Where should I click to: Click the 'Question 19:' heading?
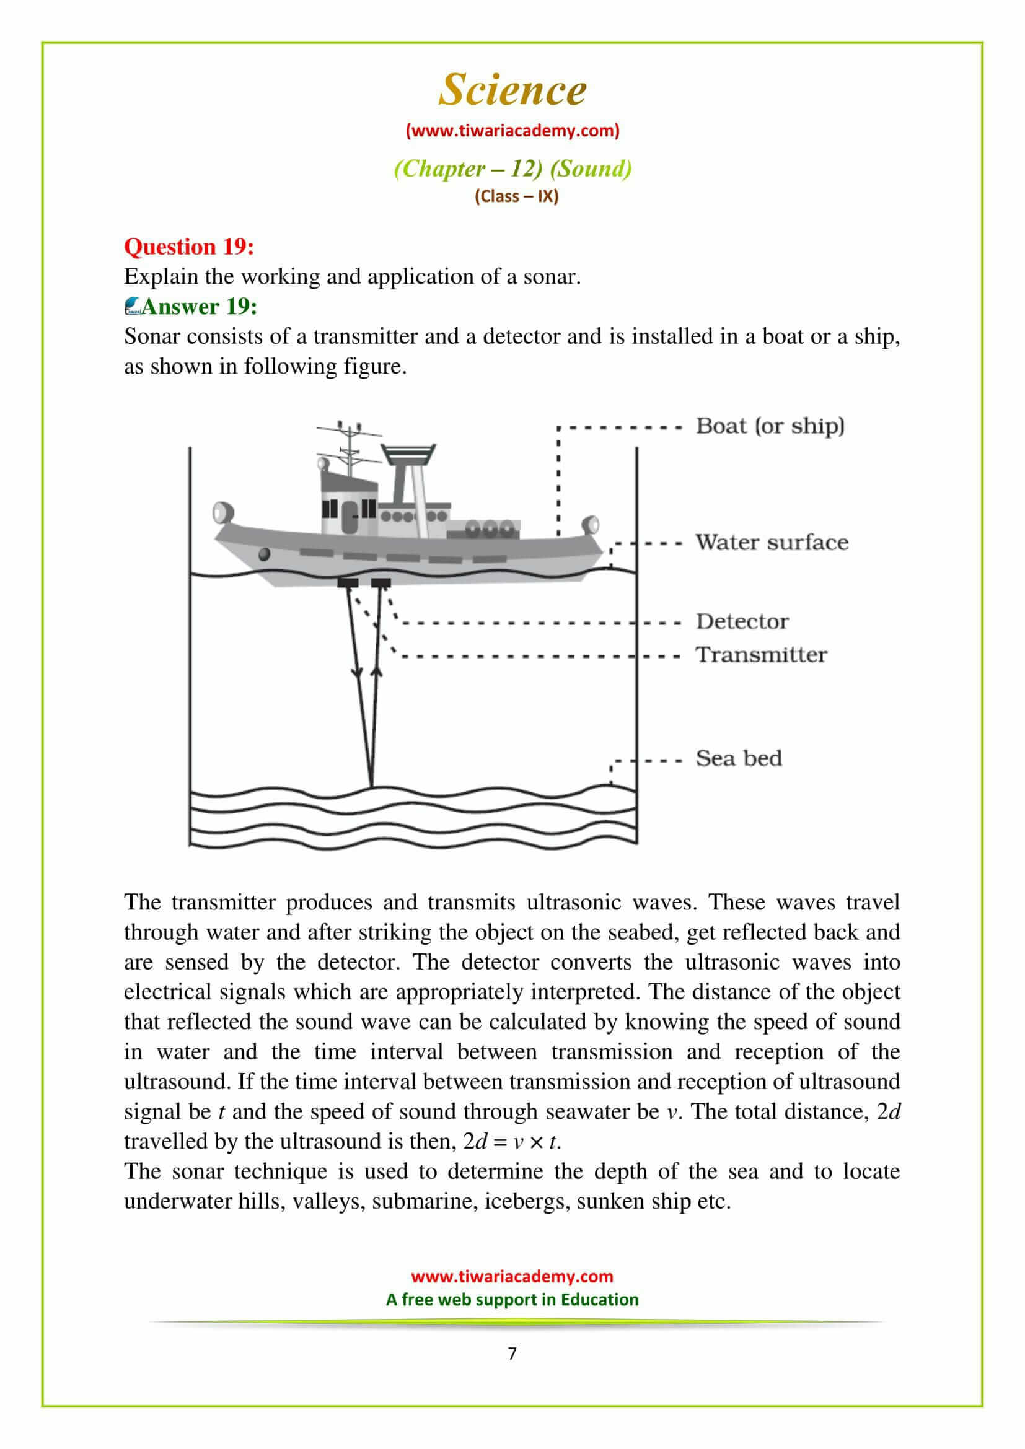189,246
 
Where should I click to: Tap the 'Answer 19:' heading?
199,306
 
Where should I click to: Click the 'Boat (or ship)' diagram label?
770,426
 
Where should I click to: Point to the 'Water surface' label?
772,542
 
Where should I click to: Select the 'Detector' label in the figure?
742,621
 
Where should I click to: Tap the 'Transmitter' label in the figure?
761,654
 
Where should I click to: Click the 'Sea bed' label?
739,758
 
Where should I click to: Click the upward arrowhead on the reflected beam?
377,673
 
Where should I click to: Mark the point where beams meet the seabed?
371,786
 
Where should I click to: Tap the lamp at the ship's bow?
222,511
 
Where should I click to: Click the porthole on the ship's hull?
265,554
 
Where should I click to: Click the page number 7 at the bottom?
512,1353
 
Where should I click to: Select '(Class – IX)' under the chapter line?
516,196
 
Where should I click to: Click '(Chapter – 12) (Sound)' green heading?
512,169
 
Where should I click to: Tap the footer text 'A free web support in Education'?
512,1300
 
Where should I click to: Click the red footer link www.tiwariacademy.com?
512,1276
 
